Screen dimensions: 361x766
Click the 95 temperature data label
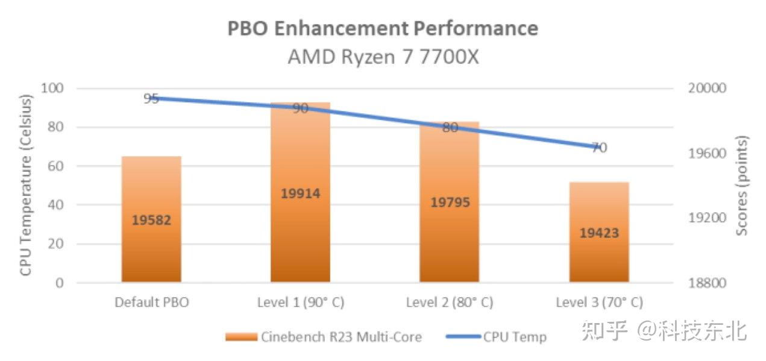pyautogui.click(x=151, y=98)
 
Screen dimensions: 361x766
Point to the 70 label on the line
pyautogui.click(x=599, y=148)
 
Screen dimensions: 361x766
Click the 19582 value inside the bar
pyautogui.click(x=151, y=220)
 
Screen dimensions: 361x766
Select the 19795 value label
pyautogui.click(x=450, y=202)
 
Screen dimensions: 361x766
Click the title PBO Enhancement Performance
pyautogui.click(x=382, y=28)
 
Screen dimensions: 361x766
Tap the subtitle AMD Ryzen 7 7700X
pyautogui.click(x=382, y=57)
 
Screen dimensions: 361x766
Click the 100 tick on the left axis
pyautogui.click(x=52, y=88)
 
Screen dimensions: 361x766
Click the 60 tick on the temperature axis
pyautogui.click(x=55, y=166)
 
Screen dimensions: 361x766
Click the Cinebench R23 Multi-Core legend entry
pyautogui.click(x=324, y=337)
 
